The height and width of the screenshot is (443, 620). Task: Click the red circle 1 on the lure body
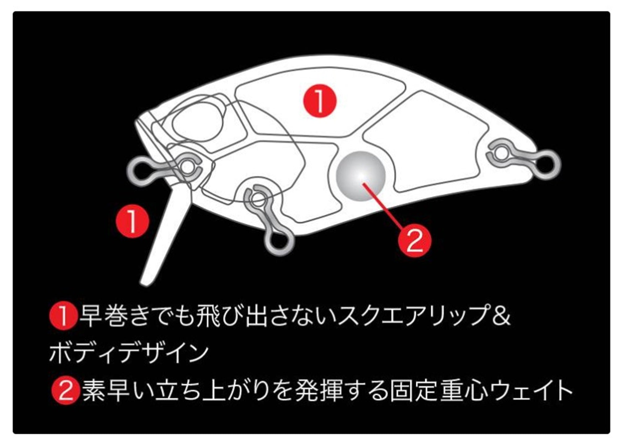point(320,101)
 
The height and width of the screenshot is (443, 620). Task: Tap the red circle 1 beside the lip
point(132,221)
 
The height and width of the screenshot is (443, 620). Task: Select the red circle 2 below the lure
point(414,240)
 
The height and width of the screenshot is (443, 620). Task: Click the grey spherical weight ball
point(361,176)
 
